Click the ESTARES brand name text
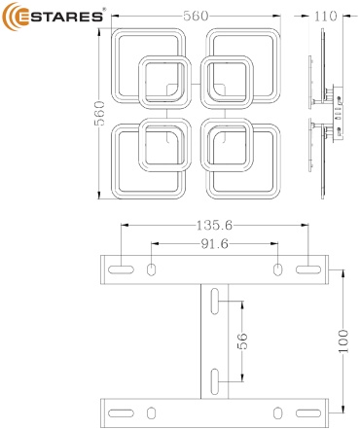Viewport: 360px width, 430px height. pos(60,17)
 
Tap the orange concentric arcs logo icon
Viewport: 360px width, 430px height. pos(11,17)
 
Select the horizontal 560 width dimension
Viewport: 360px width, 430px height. pos(196,16)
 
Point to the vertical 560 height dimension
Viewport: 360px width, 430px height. pos(99,113)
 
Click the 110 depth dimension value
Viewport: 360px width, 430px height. pos(325,16)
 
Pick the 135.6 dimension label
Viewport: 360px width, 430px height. pos(214,225)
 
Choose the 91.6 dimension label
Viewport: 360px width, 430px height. pos(215,244)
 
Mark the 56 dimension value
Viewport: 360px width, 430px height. pos(242,341)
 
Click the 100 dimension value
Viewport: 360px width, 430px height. pos(342,341)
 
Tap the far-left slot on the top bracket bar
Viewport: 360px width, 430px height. pos(121,269)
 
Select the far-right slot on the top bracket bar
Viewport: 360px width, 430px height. pos(308,269)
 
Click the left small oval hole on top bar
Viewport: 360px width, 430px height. pos(151,269)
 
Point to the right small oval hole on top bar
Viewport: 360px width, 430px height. pos(277,269)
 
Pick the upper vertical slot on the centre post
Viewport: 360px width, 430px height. pos(215,302)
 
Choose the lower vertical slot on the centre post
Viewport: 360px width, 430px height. pos(215,381)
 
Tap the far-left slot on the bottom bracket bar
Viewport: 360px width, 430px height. pos(121,413)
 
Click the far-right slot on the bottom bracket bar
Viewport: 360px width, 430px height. pos(308,413)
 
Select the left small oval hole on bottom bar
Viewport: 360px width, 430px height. pos(151,413)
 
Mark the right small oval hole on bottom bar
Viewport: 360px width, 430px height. pos(277,413)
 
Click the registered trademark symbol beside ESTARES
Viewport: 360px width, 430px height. pos(104,10)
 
